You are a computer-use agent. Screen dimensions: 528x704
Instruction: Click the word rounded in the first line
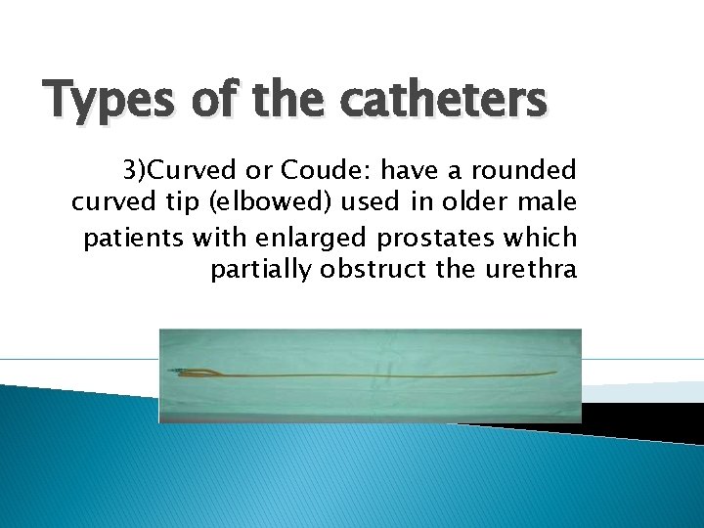(524, 171)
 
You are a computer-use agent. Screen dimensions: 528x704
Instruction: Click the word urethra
(531, 270)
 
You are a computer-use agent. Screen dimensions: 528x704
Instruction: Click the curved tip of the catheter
(554, 373)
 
